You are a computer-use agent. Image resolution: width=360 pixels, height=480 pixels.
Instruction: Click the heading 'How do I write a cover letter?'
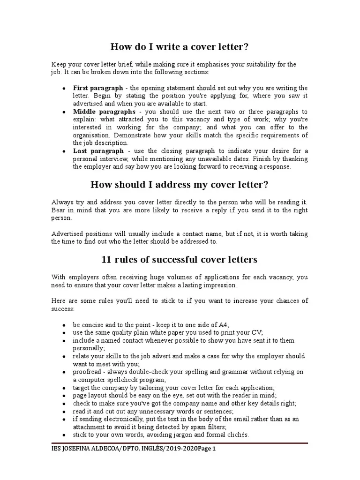coord(179,47)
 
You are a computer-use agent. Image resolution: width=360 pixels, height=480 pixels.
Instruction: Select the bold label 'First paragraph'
coord(98,88)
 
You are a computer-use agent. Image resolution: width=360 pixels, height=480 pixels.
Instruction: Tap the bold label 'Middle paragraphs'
coord(104,112)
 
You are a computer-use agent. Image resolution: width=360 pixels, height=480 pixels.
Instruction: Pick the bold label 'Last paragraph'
coord(98,151)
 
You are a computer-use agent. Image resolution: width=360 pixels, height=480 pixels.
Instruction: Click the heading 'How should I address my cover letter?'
coord(179,184)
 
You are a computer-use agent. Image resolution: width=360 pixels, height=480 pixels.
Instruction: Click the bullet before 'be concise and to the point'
coord(63,325)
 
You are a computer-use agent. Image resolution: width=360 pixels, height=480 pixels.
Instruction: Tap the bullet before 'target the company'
coord(63,388)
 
